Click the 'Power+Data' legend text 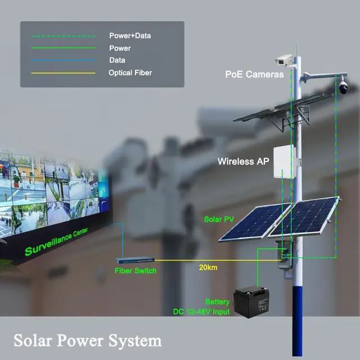pyautogui.click(x=130, y=36)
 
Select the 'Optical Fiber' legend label pyautogui.click(x=130, y=73)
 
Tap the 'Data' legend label pyautogui.click(x=117, y=60)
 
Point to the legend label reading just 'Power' pyautogui.click(x=120, y=48)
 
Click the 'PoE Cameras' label pyautogui.click(x=254, y=74)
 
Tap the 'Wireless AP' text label pyautogui.click(x=244, y=161)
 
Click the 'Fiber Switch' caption pyautogui.click(x=136, y=271)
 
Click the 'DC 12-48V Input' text pyautogui.click(x=201, y=311)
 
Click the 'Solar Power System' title pyautogui.click(x=87, y=341)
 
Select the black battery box pyautogui.click(x=253, y=301)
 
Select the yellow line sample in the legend pyautogui.click(x=63, y=73)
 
